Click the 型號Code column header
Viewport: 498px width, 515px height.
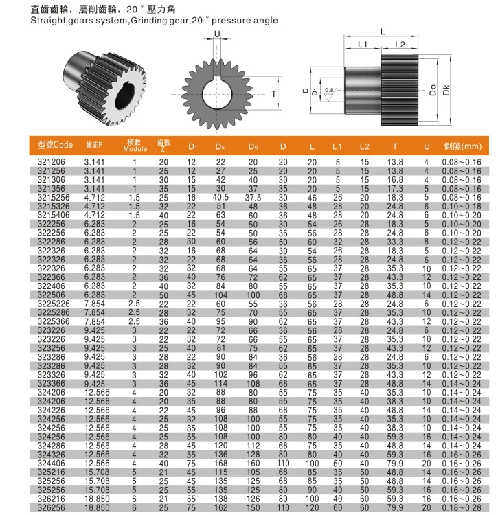tap(55, 145)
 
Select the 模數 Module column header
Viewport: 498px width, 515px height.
tap(135, 145)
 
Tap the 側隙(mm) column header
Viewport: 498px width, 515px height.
tap(462, 146)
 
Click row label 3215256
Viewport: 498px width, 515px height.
tap(53, 196)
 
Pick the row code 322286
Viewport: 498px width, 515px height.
tap(52, 241)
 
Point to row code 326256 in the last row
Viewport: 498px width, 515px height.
tap(52, 507)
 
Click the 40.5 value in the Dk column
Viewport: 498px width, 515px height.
tap(220, 196)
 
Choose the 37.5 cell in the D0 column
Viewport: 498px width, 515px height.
tap(253, 196)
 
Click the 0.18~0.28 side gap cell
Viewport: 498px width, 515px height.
tap(462, 507)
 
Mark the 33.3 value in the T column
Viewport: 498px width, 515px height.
tap(394, 241)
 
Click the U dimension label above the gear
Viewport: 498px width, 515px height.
tap(217, 34)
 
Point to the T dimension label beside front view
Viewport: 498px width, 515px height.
tap(273, 93)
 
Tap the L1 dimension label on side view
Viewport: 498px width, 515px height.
tap(363, 45)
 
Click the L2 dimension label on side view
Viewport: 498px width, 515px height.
tap(400, 45)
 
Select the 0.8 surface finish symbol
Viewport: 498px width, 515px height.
tap(329, 91)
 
